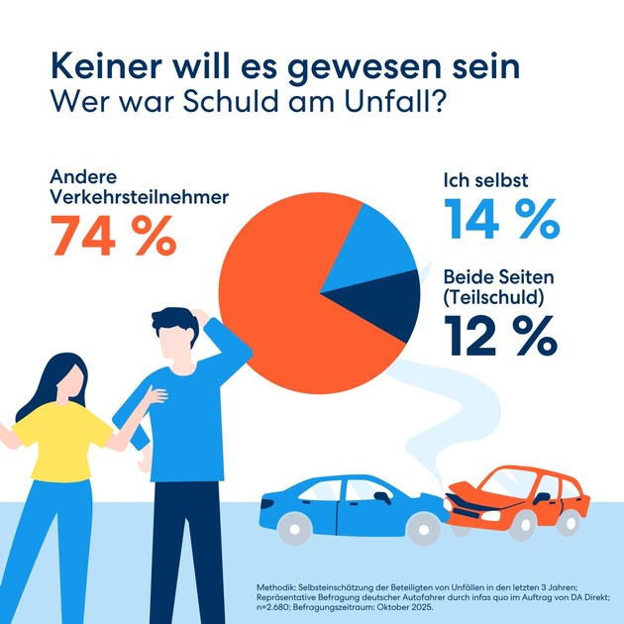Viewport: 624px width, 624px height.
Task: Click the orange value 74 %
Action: [113, 236]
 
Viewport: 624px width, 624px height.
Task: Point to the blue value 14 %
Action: [501, 219]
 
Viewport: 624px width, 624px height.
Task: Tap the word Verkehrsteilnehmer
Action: [138, 197]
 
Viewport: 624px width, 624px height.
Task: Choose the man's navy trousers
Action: [183, 555]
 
